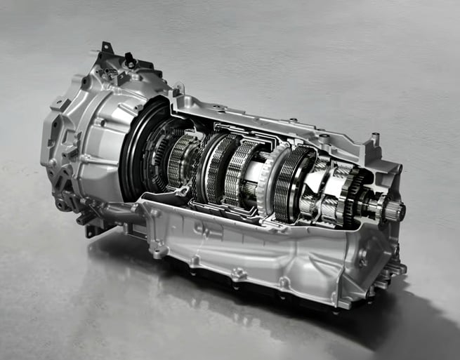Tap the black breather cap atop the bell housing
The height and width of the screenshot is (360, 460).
[130, 62]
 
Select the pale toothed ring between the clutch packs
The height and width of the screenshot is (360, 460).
[268, 180]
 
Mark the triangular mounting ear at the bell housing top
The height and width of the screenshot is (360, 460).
[105, 51]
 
